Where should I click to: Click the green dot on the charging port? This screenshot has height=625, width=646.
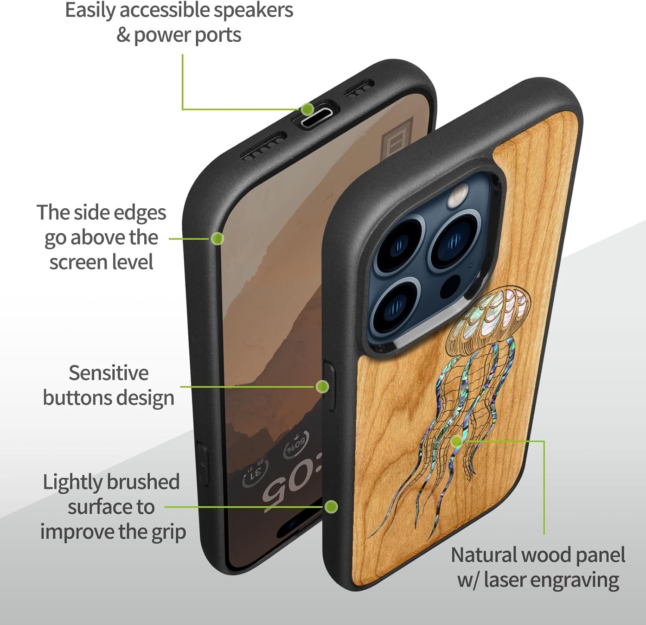click(x=307, y=109)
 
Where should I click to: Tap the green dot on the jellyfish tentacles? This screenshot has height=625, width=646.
click(x=457, y=441)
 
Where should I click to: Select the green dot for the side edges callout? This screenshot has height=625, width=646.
click(x=217, y=238)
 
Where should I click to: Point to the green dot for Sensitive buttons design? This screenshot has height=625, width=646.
click(x=322, y=386)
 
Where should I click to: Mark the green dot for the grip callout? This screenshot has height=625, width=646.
click(x=331, y=507)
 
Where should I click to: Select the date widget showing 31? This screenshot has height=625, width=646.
click(x=255, y=471)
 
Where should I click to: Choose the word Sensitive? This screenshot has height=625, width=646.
click(x=109, y=373)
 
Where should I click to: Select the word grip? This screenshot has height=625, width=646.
click(x=168, y=532)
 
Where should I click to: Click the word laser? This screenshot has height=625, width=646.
click(x=506, y=580)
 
